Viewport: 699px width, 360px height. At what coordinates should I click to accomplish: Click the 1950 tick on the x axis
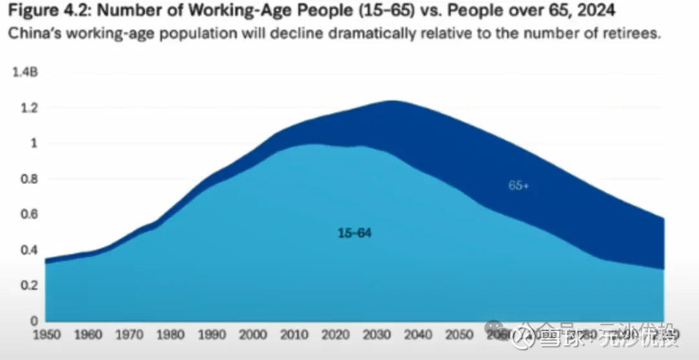(47, 335)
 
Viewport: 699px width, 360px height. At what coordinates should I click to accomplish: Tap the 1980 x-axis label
(170, 335)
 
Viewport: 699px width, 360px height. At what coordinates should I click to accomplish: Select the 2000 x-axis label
(252, 335)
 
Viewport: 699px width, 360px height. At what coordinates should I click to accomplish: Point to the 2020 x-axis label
(335, 335)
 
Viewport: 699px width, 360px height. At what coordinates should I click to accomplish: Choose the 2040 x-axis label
(418, 335)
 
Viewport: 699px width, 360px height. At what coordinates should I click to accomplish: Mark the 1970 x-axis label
(129, 335)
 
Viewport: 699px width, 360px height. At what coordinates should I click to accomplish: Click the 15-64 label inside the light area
(355, 233)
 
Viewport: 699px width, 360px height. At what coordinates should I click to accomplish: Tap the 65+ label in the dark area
(518, 186)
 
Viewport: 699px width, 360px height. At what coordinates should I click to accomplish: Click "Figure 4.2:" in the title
(48, 12)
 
